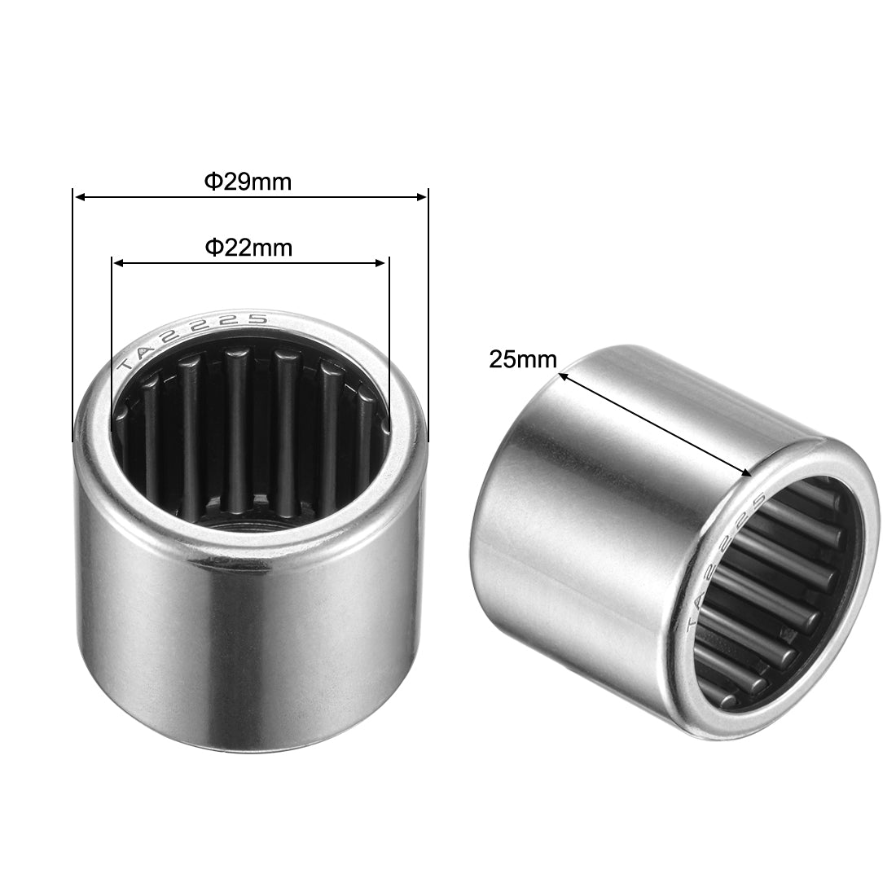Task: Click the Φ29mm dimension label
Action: point(247,182)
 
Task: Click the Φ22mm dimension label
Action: point(248,248)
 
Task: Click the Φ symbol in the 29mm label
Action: point(211,182)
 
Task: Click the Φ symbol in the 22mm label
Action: point(211,248)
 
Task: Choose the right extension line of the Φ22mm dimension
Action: point(389,342)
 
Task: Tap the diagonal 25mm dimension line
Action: point(652,424)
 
